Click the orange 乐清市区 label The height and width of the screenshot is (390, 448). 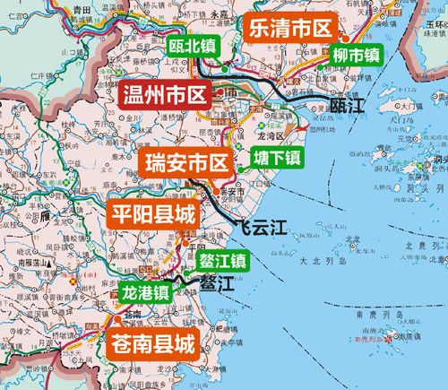(289, 29)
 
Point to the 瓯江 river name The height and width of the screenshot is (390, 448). (349, 106)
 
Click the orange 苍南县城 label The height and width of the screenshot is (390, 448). (151, 342)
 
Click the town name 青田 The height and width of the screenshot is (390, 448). (82, 8)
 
